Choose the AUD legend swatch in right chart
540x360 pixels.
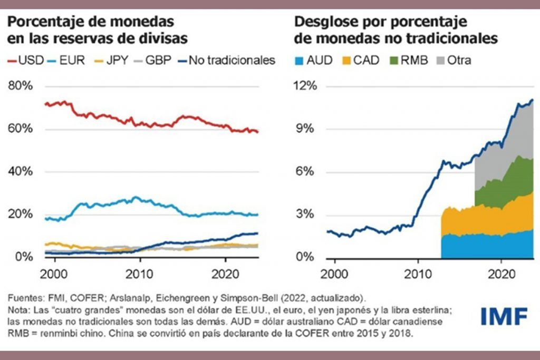[x=300, y=60]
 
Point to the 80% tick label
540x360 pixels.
[x=20, y=86]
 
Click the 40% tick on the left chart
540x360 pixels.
[x=20, y=172]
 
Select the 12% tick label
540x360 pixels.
[x=306, y=86]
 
